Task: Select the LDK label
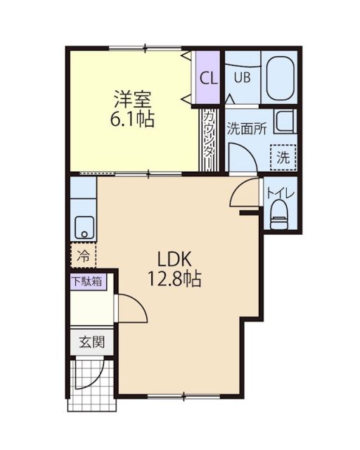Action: point(174,257)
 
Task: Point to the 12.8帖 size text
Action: point(174,279)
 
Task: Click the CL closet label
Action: point(209,77)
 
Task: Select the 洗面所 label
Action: point(245,128)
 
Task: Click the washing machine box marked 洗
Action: point(283,157)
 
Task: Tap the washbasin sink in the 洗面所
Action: point(285,122)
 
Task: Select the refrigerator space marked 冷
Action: point(84,255)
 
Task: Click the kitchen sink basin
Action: point(84,227)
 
